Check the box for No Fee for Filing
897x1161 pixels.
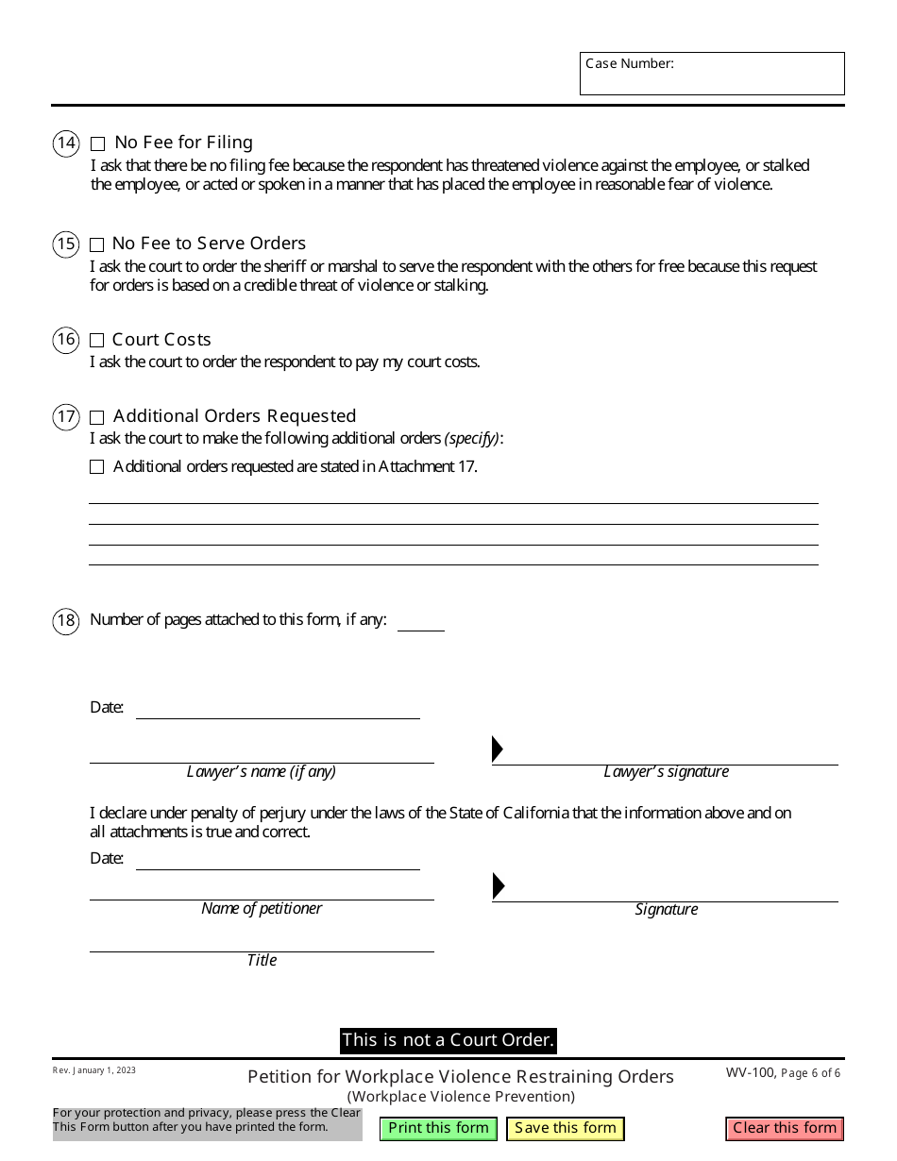[x=98, y=144]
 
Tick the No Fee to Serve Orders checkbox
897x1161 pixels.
[x=97, y=244]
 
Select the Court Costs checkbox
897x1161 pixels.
[x=97, y=341]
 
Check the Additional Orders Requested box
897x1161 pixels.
[x=97, y=417]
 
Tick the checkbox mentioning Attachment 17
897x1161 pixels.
[x=97, y=467]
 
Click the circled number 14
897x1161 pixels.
[x=66, y=143]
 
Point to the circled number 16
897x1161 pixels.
[x=66, y=340]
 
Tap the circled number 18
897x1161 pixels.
[x=66, y=620]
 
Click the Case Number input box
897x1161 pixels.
[x=712, y=78]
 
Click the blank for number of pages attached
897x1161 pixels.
[x=420, y=621]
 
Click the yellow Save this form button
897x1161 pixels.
[x=566, y=1128]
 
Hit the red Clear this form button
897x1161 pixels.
[x=785, y=1128]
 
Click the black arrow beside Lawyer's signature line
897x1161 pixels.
[x=498, y=749]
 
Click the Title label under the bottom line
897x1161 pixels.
[x=262, y=960]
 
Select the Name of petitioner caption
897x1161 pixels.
[x=262, y=908]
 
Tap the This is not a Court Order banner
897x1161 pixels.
[x=448, y=1040]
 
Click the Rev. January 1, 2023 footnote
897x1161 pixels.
[x=94, y=1070]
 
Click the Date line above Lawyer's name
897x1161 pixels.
[x=278, y=709]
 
